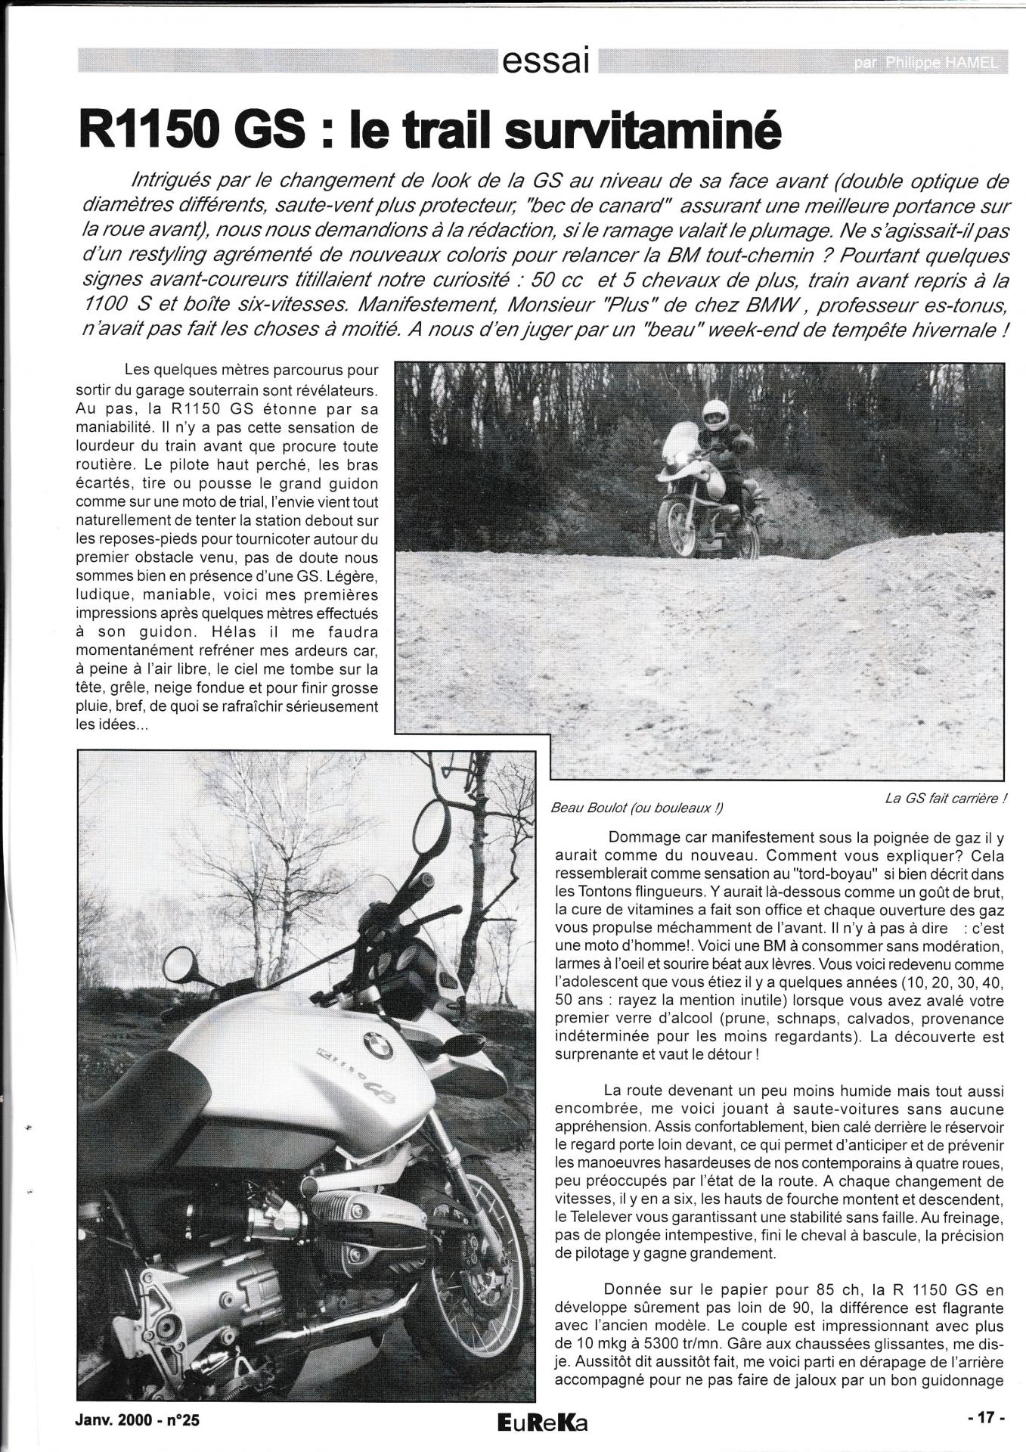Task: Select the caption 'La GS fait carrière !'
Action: pos(946,799)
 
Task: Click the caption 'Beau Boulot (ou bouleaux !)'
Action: pos(637,808)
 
